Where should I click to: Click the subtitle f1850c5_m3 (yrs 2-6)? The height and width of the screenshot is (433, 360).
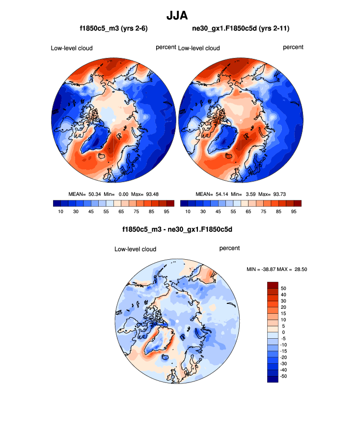coord(113,29)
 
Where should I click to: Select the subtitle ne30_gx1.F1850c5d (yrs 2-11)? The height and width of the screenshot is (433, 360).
coord(241,29)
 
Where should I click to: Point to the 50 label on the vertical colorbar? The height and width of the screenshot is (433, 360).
coord(283,288)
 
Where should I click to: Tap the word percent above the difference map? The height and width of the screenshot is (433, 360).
coord(229,248)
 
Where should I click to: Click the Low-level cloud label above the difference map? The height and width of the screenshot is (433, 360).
coord(135,249)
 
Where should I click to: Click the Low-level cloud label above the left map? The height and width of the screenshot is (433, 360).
coord(72,48)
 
